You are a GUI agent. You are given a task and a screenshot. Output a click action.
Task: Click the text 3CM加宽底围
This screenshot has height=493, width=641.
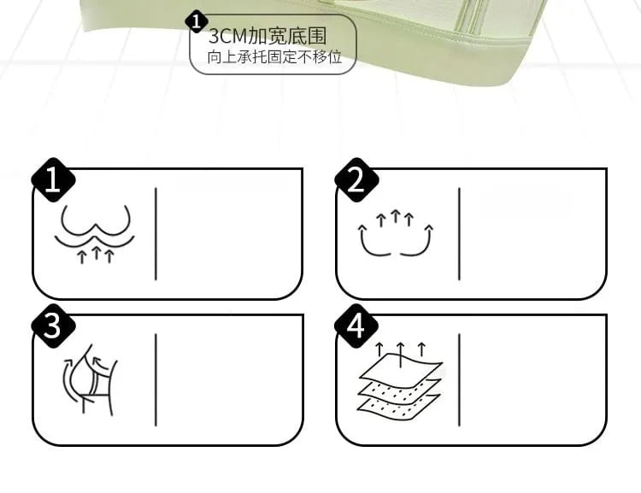[268, 37]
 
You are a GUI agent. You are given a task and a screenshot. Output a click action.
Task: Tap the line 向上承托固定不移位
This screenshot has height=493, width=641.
[274, 57]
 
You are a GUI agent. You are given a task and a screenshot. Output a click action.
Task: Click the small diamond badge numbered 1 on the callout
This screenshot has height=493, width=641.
[197, 21]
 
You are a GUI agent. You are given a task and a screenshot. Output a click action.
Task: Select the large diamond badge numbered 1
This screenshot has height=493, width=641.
[53, 180]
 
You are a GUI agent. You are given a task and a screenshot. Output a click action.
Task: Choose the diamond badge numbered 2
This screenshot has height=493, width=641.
[356, 180]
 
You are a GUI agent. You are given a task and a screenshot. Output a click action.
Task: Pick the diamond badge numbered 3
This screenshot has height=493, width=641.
[53, 326]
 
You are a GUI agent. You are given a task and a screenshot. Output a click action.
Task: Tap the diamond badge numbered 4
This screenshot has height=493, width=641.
[356, 326]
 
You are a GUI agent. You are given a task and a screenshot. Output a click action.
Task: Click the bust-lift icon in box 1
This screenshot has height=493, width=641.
[95, 234]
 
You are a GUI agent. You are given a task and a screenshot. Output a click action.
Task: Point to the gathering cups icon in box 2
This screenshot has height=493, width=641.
[396, 233]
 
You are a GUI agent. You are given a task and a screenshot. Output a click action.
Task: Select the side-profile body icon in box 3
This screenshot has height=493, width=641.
[90, 379]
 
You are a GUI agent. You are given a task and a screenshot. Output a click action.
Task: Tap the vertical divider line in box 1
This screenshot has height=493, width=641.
[156, 234]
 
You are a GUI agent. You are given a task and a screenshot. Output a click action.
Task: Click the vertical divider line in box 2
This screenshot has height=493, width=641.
[459, 234]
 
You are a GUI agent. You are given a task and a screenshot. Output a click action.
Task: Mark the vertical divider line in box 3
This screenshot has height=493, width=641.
[156, 380]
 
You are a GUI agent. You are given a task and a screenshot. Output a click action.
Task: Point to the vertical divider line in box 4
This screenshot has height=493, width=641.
[459, 380]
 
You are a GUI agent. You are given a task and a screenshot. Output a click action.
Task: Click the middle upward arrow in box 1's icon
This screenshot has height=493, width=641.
[96, 252]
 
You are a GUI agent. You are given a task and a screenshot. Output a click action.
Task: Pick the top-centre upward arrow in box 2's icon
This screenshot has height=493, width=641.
[395, 216]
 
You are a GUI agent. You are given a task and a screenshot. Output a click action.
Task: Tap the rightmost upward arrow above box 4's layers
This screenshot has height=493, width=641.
[421, 349]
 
